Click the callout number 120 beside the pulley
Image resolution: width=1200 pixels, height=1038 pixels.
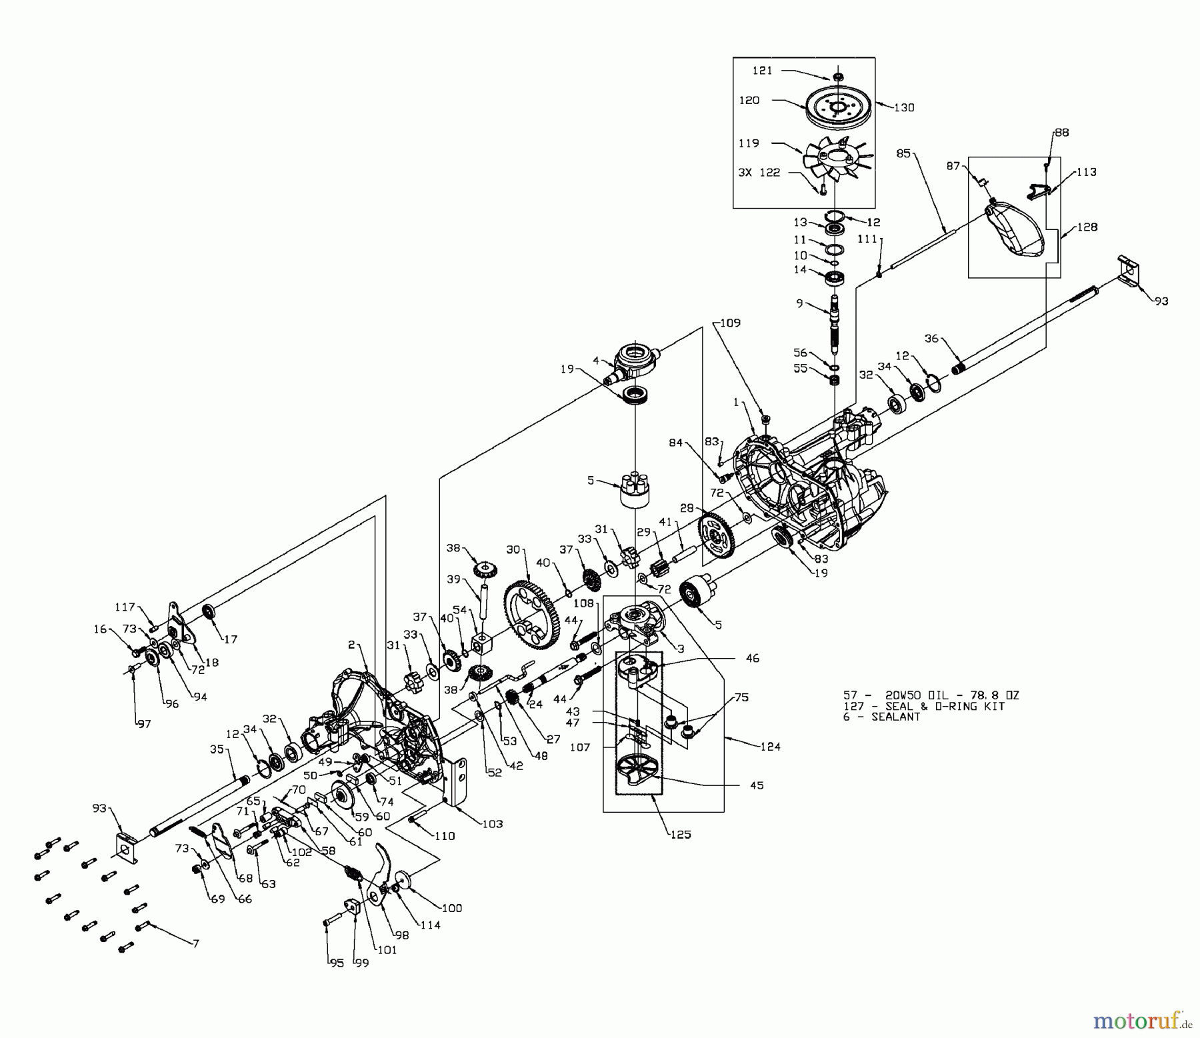coord(749,101)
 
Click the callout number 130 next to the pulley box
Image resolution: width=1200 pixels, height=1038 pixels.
coord(904,107)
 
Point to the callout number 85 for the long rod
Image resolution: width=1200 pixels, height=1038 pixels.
coord(903,153)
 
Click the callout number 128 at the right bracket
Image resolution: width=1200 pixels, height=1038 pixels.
coord(1087,227)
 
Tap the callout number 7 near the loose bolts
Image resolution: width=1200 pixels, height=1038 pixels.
coord(195,944)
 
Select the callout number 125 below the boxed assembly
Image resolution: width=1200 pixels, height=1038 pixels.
coord(680,834)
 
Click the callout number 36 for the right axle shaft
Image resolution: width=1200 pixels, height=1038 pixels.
coord(931,339)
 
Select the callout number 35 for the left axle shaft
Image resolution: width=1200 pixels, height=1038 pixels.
coord(217,749)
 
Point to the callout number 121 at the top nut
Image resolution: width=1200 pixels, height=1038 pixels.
coord(762,71)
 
